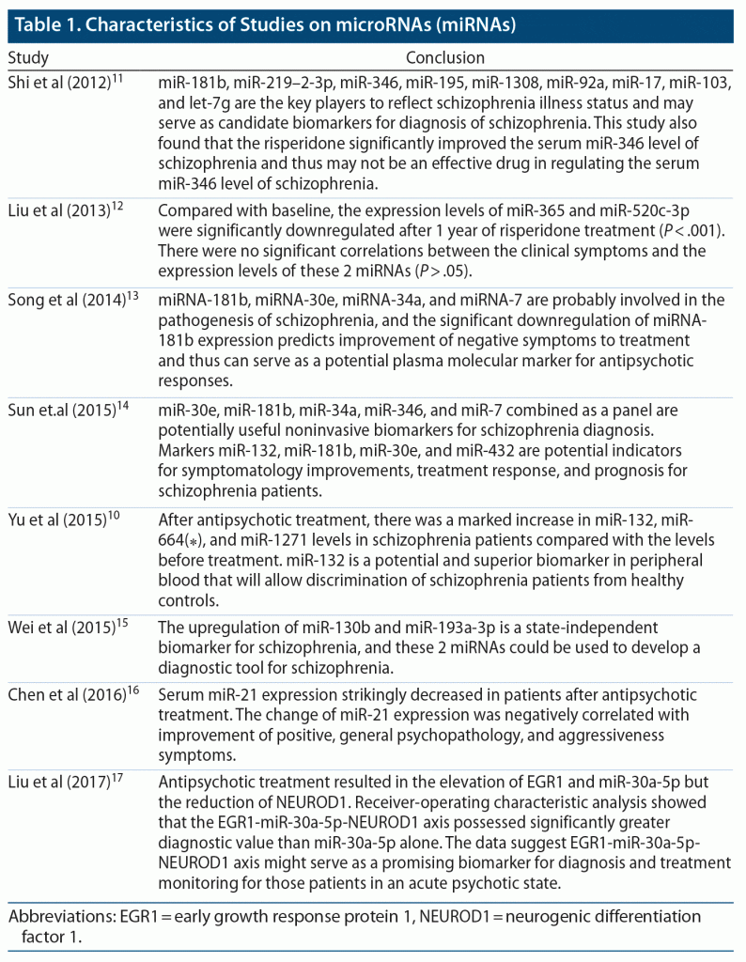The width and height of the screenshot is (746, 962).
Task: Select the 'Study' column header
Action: coord(28,58)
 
